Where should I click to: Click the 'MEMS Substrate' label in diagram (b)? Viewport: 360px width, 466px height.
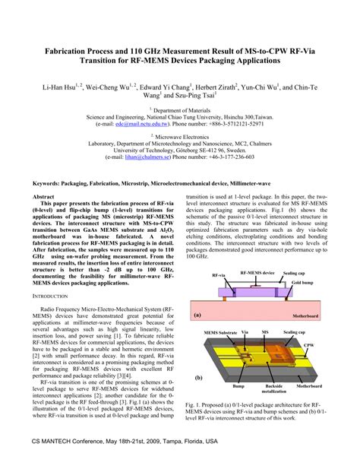click(x=221, y=332)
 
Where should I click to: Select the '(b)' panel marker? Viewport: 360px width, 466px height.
click(x=198, y=377)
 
